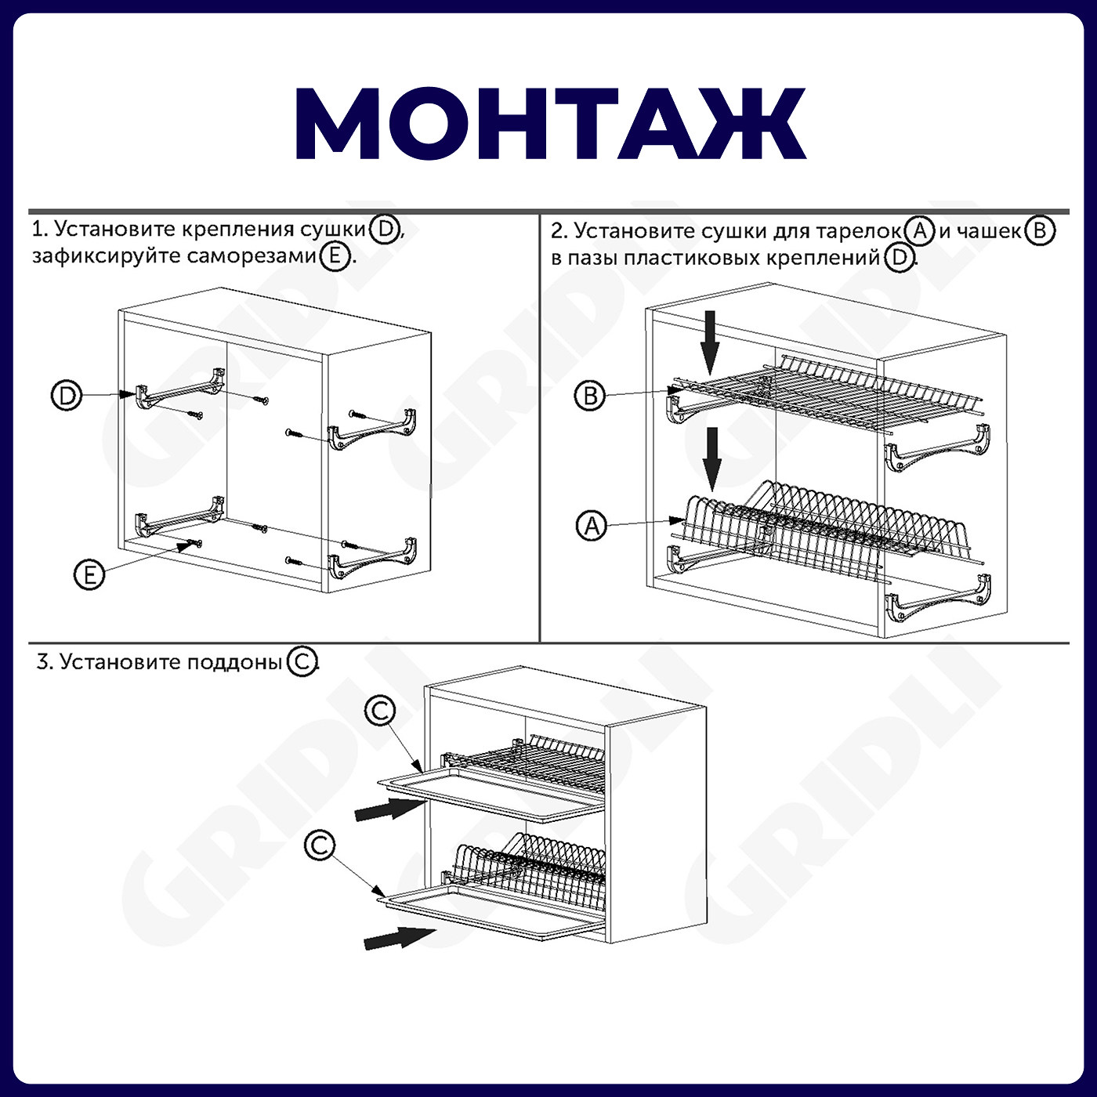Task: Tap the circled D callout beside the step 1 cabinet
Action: tap(67, 396)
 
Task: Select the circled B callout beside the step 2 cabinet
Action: tap(590, 396)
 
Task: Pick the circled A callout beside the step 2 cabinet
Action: tap(592, 526)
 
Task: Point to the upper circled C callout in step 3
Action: tap(380, 710)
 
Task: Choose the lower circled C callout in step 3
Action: tap(320, 845)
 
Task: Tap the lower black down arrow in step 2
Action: tap(711, 459)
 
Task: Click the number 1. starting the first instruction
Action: tap(40, 229)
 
